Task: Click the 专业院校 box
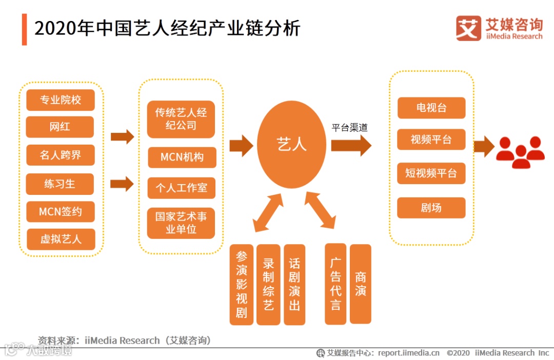(x=61, y=100)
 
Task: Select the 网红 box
(x=60, y=127)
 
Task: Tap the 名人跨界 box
(x=61, y=155)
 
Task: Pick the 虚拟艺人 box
(x=61, y=239)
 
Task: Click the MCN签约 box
(x=61, y=211)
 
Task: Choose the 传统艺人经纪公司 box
(x=181, y=119)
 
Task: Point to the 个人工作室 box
(x=182, y=188)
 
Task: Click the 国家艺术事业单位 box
(x=181, y=223)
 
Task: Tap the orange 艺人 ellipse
(x=291, y=145)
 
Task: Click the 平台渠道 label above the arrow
(x=349, y=128)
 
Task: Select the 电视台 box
(x=431, y=108)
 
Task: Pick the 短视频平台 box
(x=431, y=173)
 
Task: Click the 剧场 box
(x=431, y=208)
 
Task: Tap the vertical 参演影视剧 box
(x=242, y=285)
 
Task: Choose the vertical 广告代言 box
(x=336, y=284)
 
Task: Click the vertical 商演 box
(x=361, y=284)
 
